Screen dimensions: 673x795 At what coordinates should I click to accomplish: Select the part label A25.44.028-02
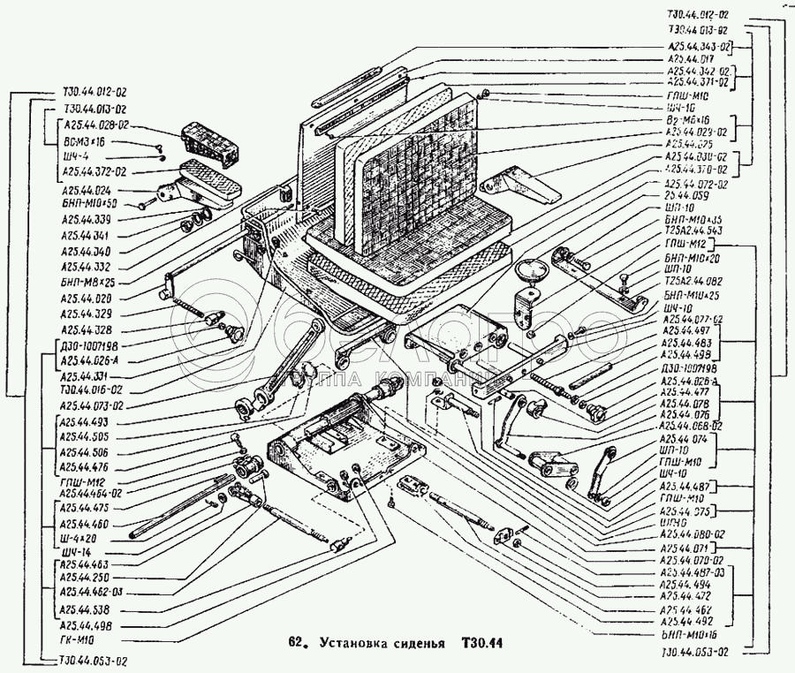pos(95,126)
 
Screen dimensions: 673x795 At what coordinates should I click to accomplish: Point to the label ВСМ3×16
pos(83,141)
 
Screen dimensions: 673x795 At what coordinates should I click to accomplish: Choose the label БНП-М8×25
pos(88,281)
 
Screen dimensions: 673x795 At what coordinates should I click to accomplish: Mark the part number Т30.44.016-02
pos(94,390)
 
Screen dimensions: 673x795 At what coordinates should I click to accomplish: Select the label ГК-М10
pos(77,639)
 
